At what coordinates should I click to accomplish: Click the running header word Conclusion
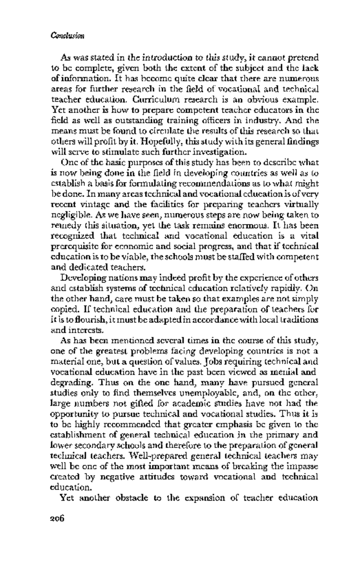pos(67,36)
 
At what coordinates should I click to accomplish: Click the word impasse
pos(303,467)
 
